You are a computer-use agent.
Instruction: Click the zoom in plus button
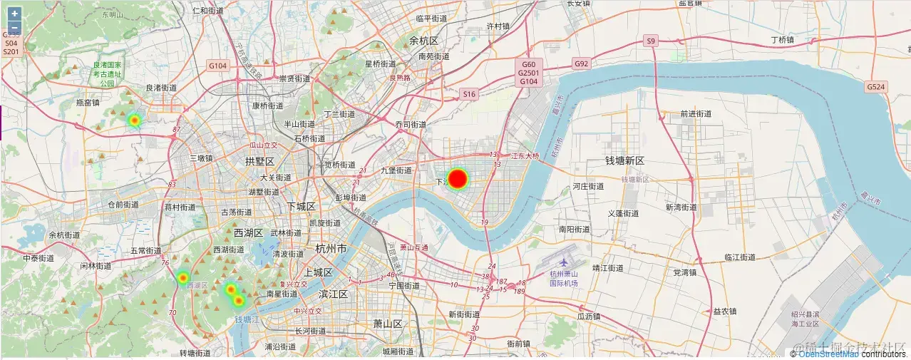pos(14,14)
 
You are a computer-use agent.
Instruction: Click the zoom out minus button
pos(14,27)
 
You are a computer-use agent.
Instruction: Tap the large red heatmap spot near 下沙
pos(458,178)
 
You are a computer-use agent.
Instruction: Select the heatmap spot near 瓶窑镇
pos(134,120)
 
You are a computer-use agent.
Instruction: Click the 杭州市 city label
pos(331,249)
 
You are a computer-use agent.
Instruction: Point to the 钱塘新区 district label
pos(625,161)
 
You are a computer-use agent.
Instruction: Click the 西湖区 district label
pos(248,232)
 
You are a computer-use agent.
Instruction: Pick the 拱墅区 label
pos(259,161)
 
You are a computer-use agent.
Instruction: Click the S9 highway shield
pos(650,41)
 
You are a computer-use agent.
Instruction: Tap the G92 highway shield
pos(582,63)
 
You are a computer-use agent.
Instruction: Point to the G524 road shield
pos(876,86)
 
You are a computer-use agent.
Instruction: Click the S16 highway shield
pos(468,93)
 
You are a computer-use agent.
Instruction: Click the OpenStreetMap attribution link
pos(828,354)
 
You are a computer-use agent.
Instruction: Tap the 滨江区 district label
pos(333,294)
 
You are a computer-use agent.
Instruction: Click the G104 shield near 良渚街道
pos(217,66)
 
